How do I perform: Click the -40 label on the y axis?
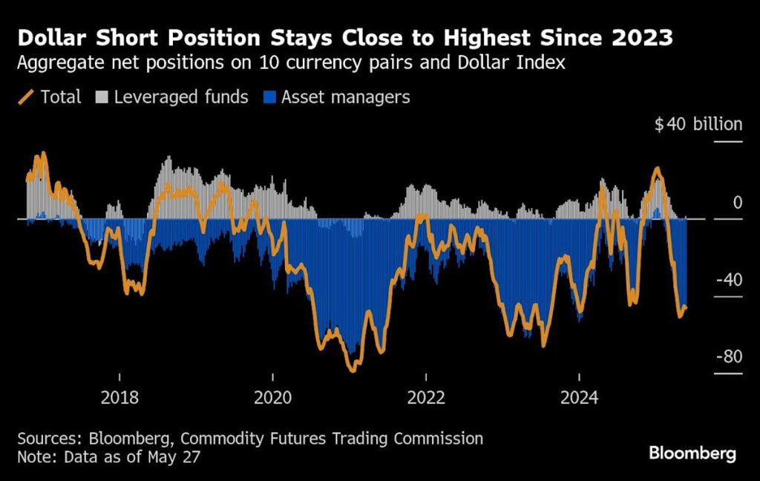(727, 280)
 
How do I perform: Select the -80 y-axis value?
(727, 357)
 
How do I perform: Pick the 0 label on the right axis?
(737, 203)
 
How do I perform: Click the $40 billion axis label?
(698, 124)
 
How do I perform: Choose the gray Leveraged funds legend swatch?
(101, 97)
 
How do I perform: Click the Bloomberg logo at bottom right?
(692, 453)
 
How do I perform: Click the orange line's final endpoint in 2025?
(685, 307)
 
